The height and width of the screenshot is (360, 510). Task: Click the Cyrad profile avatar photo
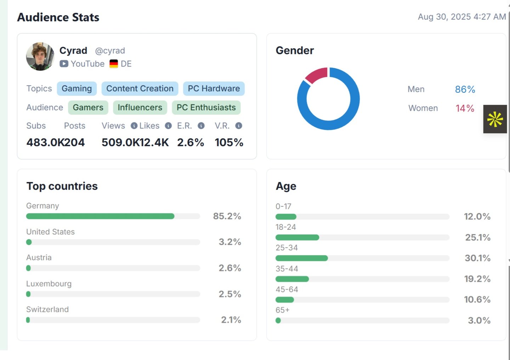40,57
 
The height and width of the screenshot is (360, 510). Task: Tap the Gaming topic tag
77,88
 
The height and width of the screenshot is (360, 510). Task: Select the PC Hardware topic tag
214,88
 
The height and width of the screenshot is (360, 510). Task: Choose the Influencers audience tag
140,108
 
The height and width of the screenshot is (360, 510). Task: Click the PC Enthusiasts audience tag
206,108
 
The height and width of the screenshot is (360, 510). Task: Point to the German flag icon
114,64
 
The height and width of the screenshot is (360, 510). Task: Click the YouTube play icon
64,64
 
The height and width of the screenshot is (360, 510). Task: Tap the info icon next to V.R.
239,126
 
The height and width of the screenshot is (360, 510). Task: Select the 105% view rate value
229,142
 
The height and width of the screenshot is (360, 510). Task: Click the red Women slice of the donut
316,75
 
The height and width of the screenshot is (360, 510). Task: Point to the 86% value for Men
465,89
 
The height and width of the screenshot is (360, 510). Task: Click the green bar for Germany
100,216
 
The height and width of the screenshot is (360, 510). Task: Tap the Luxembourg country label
49,284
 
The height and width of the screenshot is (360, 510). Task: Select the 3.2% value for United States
229,242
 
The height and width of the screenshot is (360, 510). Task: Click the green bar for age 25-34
301,258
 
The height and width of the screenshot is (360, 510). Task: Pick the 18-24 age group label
286,227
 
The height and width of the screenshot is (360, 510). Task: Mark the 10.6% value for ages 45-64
477,299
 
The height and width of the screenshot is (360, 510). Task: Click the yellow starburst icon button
495,119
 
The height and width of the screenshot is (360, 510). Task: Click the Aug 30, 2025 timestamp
461,17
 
